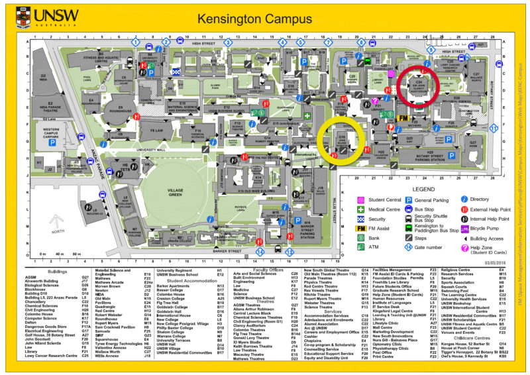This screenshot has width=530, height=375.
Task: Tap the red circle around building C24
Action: pos(420,88)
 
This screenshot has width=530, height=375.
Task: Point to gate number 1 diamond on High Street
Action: pos(135,42)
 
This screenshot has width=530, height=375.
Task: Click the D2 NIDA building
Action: pos(44,78)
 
